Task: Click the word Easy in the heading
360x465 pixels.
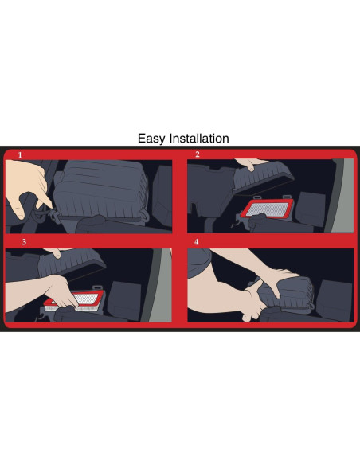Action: [x=151, y=139]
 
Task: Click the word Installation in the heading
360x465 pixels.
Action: [x=198, y=139]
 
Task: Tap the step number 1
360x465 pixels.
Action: [x=20, y=154]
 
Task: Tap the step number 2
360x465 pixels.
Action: [x=198, y=154]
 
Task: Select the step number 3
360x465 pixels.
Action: [x=24, y=242]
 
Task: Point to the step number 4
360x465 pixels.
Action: [x=196, y=242]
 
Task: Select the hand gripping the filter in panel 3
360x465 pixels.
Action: [x=61, y=291]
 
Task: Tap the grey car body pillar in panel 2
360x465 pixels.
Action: [x=341, y=196]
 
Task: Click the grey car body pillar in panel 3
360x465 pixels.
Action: [x=158, y=285]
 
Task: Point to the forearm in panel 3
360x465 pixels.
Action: [x=28, y=292]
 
